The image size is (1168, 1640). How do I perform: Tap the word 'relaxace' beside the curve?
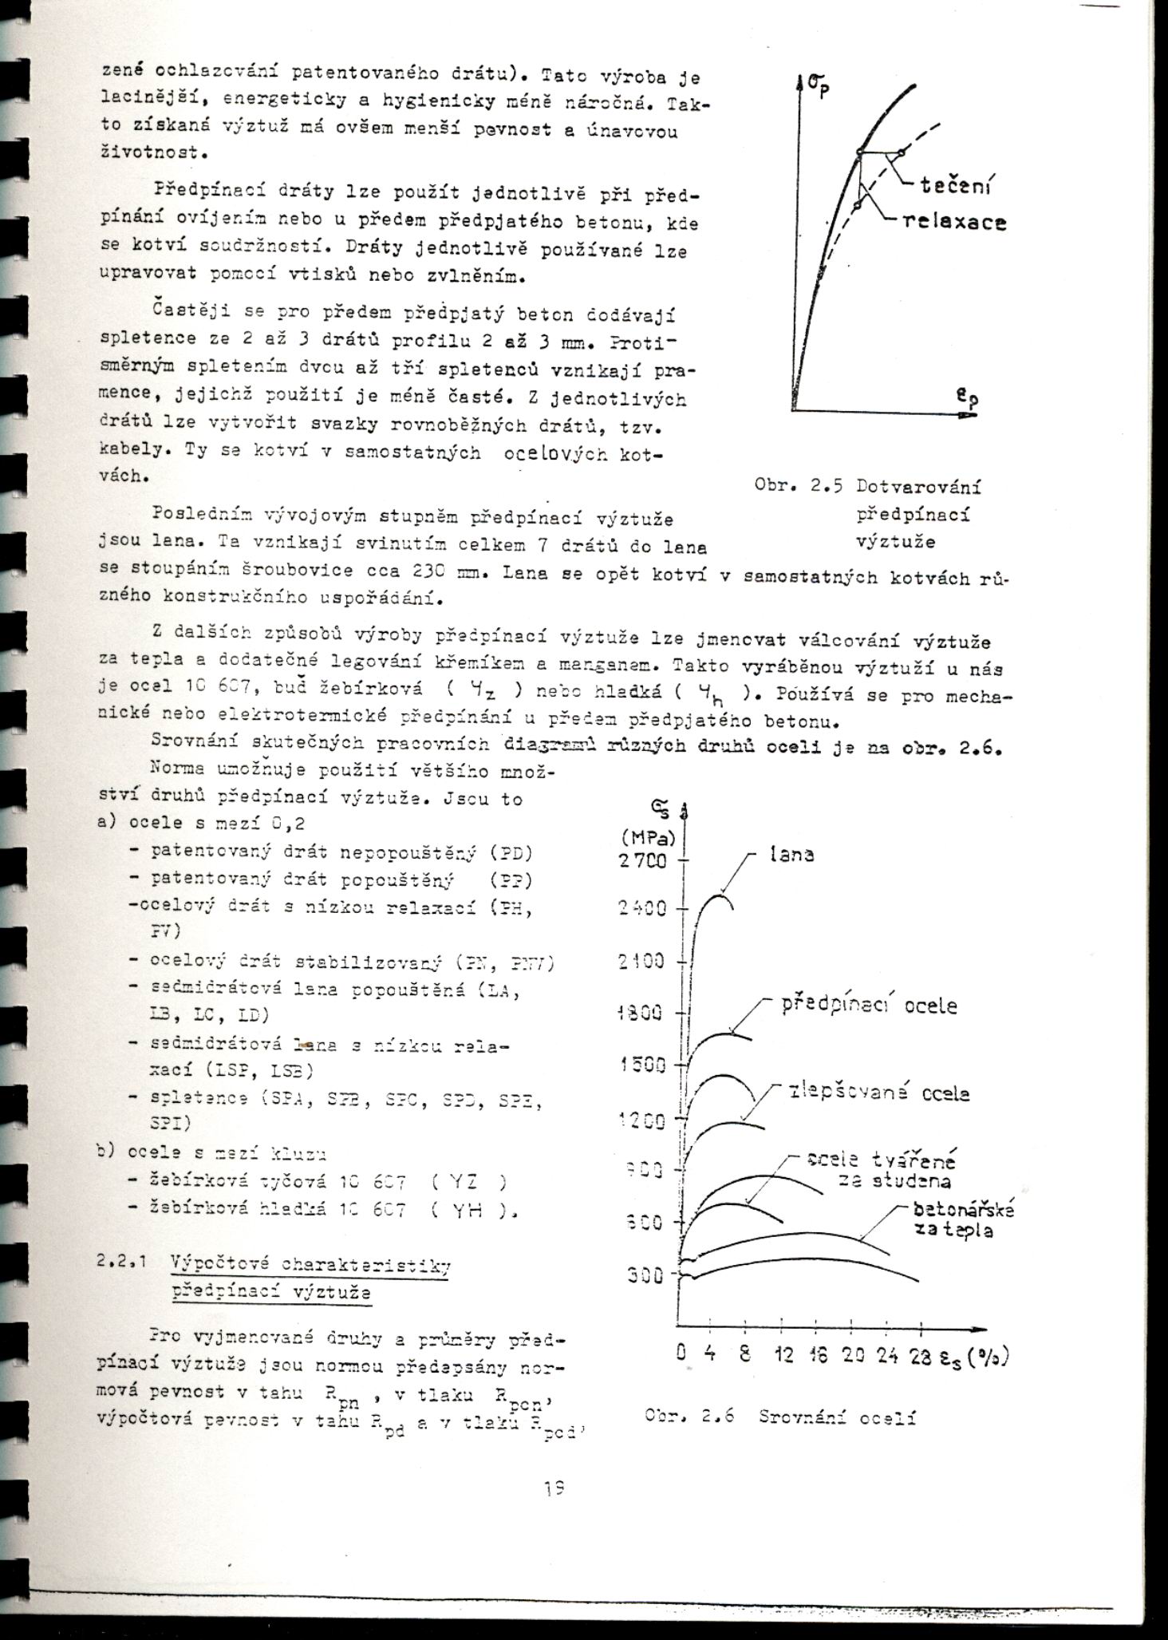pos(954,223)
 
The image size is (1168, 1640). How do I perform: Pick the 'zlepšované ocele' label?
pos(878,1093)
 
